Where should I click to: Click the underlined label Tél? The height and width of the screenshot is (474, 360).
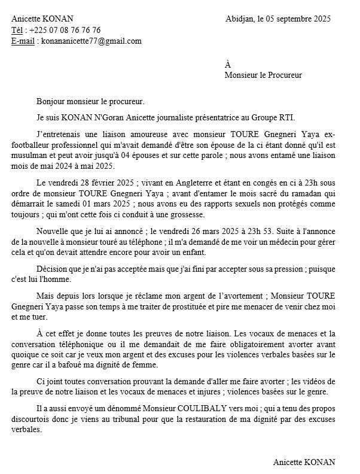[x=18, y=30]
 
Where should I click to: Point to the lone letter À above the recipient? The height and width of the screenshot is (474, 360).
[x=228, y=65]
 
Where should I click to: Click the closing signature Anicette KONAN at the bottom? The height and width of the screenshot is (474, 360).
[x=304, y=462]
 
